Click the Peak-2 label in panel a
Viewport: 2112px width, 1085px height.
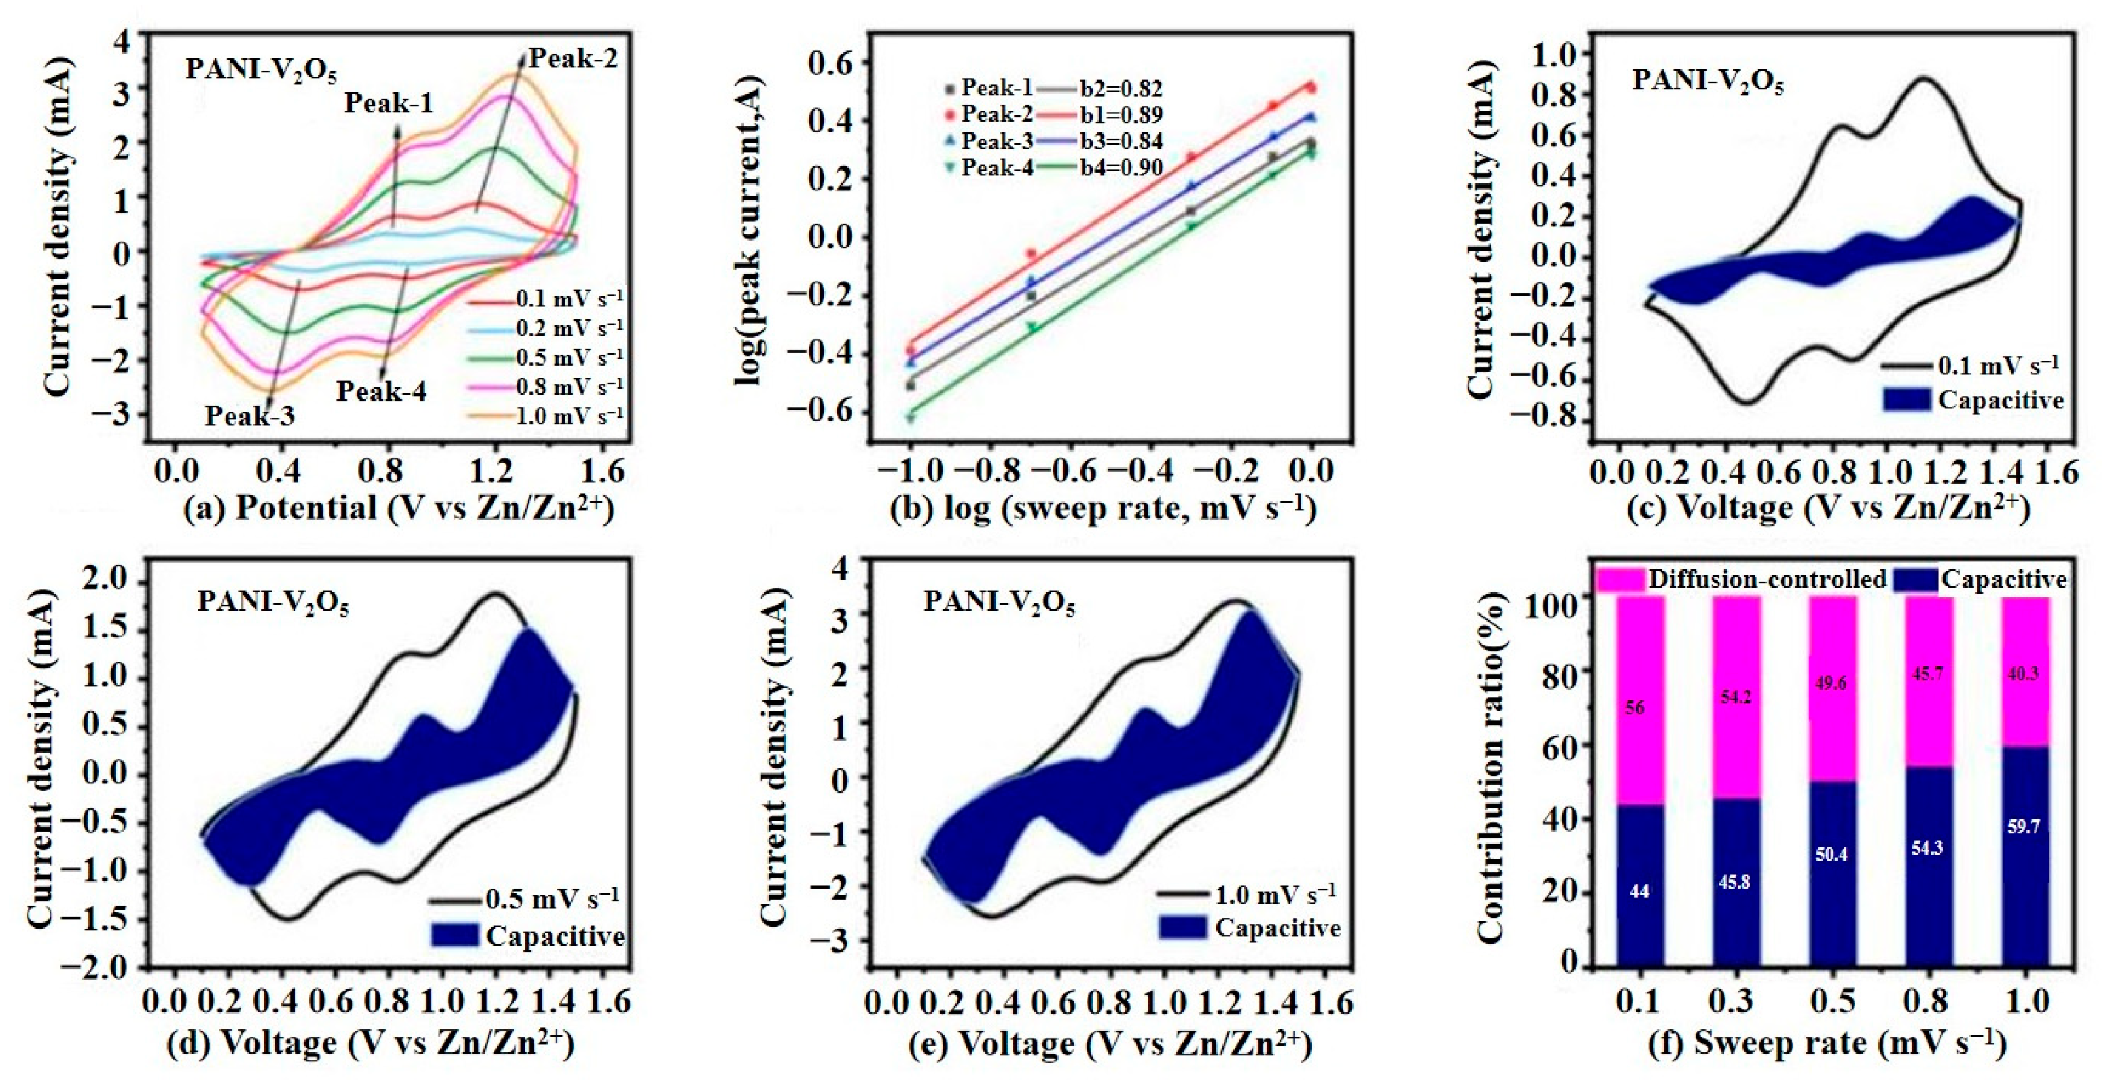click(572, 58)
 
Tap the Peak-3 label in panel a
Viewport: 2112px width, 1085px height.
click(249, 416)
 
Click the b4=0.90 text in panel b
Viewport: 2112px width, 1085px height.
click(1121, 168)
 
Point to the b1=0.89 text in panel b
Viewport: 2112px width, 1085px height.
click(1121, 115)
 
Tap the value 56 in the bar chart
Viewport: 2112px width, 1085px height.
click(1634, 707)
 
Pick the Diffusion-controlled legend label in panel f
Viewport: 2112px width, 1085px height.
click(1767, 580)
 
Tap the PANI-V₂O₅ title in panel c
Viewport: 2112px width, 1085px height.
click(1707, 82)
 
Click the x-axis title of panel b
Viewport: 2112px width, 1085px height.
click(1103, 508)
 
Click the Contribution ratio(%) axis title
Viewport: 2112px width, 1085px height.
click(1490, 766)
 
